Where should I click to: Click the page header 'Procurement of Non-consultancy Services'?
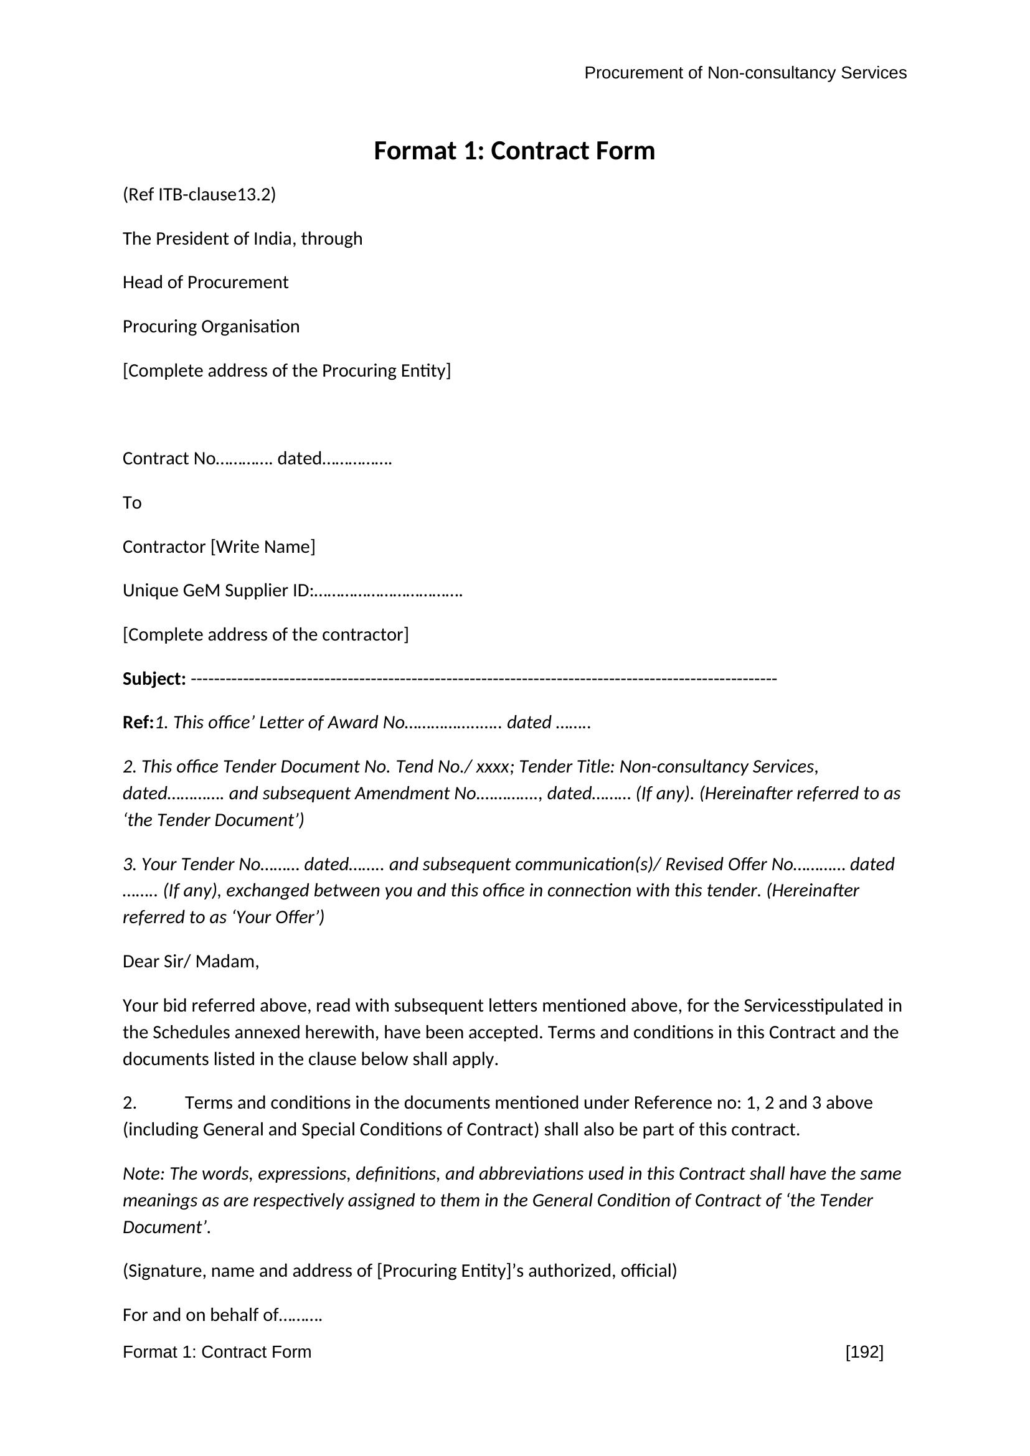(x=745, y=73)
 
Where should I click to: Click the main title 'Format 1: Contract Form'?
(x=514, y=151)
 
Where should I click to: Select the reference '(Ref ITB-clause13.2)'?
(x=199, y=195)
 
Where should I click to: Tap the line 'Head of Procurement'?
(x=205, y=282)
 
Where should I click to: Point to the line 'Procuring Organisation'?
(x=210, y=327)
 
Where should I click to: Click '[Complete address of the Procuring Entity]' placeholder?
(x=286, y=370)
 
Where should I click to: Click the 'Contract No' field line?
(x=257, y=459)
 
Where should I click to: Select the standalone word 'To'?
(x=132, y=503)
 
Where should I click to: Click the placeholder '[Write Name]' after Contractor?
(x=263, y=547)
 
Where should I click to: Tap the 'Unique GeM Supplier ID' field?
(x=291, y=591)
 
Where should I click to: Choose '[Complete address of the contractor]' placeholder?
(x=266, y=635)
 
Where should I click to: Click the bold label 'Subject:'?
(x=154, y=679)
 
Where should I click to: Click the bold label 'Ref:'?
(x=138, y=723)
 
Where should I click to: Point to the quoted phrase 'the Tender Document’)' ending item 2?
(x=214, y=820)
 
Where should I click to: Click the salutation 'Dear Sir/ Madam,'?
(x=191, y=962)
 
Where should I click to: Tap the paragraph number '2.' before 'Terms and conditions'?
(x=130, y=1103)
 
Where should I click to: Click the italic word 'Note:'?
(x=144, y=1174)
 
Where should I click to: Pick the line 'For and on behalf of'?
(x=222, y=1315)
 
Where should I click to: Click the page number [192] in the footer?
(x=864, y=1352)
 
